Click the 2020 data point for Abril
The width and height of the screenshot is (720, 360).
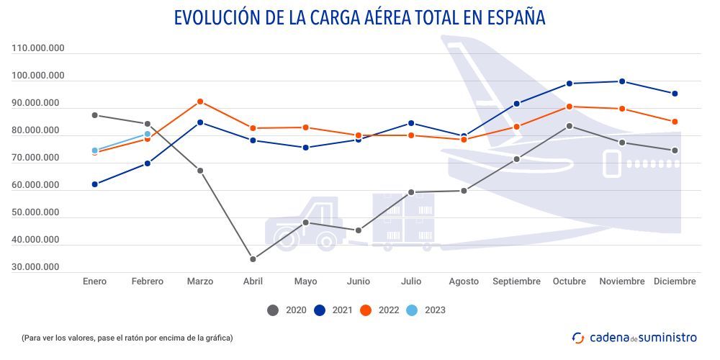click(253, 259)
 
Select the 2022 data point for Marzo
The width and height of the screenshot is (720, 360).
click(200, 102)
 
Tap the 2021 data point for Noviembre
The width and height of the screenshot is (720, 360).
click(622, 81)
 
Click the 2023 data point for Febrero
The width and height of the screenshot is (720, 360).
click(148, 134)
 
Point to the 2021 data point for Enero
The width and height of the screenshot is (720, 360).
click(95, 184)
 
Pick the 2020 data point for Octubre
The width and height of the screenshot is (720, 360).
click(570, 126)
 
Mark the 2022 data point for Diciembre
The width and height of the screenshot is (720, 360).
click(675, 122)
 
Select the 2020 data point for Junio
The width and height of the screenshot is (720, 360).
click(359, 230)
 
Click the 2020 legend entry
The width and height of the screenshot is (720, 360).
click(288, 310)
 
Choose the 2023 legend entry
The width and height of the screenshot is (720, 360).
click(426, 310)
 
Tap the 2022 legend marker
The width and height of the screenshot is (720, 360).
click(366, 310)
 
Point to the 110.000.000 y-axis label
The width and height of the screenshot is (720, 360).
click(38, 48)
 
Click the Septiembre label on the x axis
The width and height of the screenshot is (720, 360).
click(516, 282)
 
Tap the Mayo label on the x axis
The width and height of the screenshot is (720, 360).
click(305, 282)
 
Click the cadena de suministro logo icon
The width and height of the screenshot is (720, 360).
click(577, 337)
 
